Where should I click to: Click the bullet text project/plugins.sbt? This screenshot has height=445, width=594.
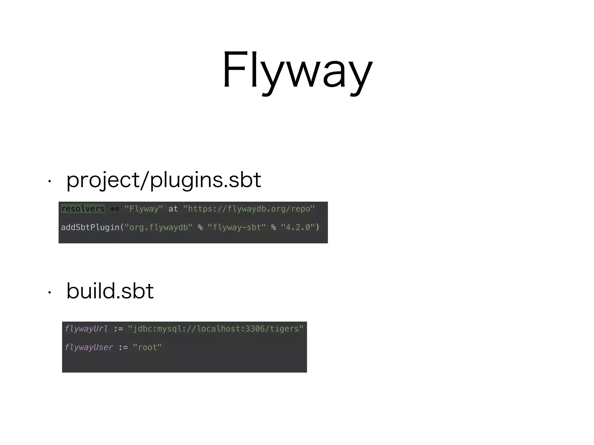(164, 180)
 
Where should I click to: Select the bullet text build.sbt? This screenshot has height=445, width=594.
(110, 291)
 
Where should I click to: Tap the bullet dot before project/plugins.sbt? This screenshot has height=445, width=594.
(50, 182)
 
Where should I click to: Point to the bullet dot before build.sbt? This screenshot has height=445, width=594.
(50, 293)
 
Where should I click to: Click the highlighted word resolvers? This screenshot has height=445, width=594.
(83, 209)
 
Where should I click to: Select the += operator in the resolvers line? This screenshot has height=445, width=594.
(115, 209)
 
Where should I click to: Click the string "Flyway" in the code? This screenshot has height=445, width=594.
(144, 209)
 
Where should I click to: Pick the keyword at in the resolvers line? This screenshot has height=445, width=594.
(173, 209)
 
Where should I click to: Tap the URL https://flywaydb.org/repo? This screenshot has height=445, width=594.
(249, 209)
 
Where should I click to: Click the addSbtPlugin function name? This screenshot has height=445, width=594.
(90, 227)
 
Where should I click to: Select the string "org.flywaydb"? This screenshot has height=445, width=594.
(158, 227)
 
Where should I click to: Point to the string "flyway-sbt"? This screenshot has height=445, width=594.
(237, 227)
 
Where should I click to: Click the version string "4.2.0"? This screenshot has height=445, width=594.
(298, 227)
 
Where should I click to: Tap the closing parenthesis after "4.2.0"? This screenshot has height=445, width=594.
(317, 227)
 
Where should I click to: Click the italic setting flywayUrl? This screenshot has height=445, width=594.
(86, 329)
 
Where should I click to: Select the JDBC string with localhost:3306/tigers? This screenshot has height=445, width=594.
(215, 329)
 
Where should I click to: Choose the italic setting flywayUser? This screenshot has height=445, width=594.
(89, 347)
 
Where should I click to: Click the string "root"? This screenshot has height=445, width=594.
(147, 347)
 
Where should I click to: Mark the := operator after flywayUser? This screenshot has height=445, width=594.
(123, 347)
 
